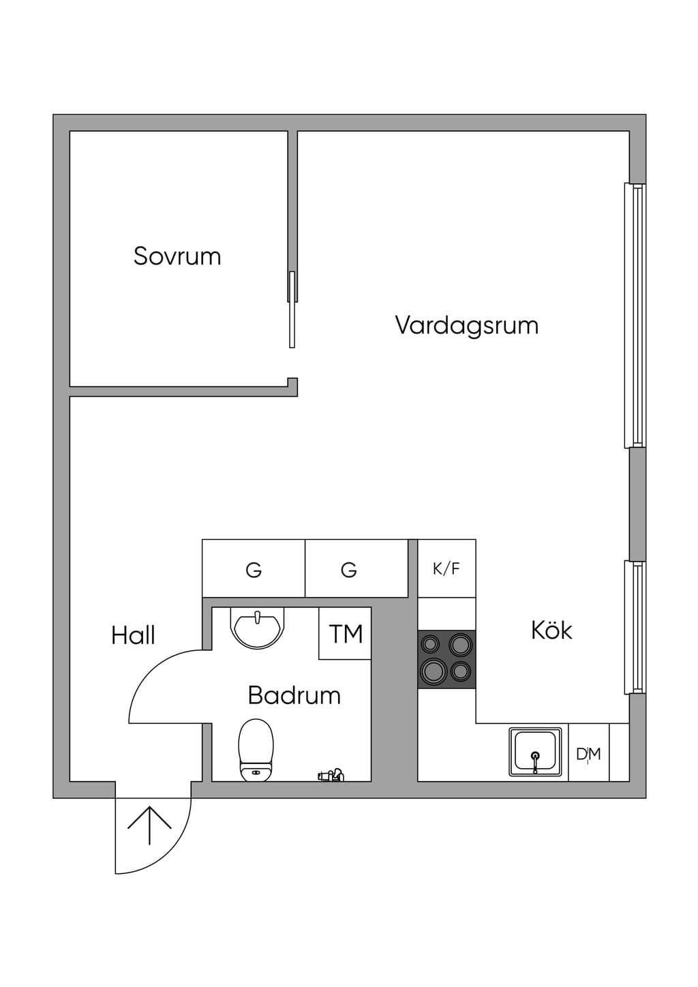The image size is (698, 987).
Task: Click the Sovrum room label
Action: point(177,256)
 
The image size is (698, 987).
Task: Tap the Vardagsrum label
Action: point(467,326)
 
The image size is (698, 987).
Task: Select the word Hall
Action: point(133,635)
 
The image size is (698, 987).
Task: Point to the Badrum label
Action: point(294,695)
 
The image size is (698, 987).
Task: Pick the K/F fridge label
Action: point(446,569)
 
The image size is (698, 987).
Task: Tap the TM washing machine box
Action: point(345,633)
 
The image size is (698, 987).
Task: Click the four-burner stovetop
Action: point(447,660)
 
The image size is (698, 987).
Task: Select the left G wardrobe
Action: point(254,568)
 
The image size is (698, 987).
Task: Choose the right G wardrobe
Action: point(356,568)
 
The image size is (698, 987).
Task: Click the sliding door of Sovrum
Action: point(292,309)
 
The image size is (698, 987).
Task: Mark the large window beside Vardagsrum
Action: point(635,316)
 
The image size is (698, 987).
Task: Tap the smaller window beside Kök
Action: point(635,627)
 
